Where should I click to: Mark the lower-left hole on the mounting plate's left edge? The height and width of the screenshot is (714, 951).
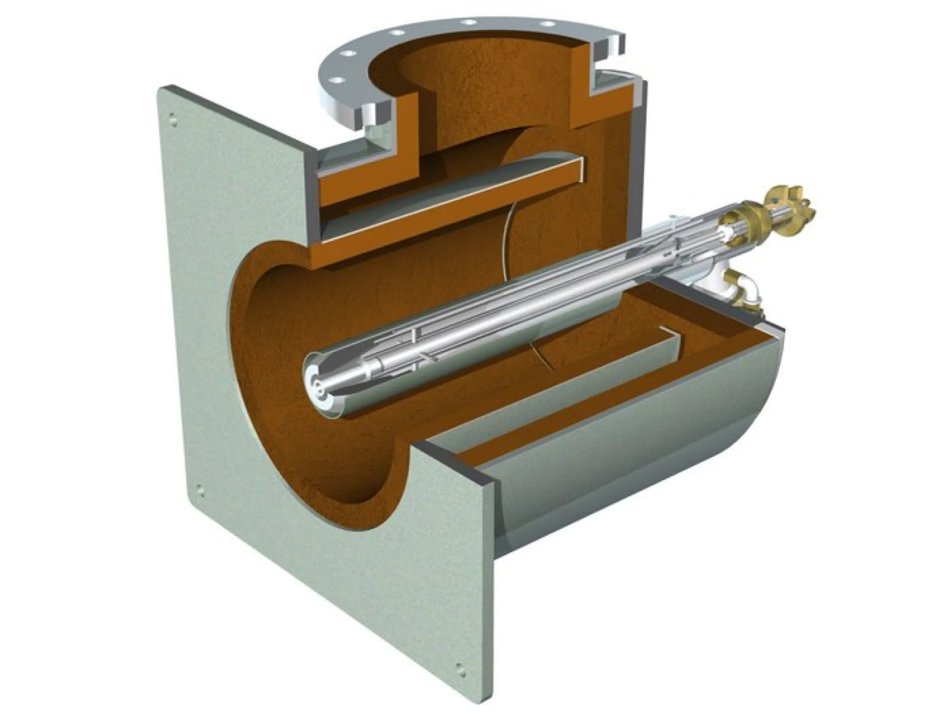(x=200, y=491)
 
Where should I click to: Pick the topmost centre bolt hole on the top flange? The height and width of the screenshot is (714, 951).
(x=468, y=21)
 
